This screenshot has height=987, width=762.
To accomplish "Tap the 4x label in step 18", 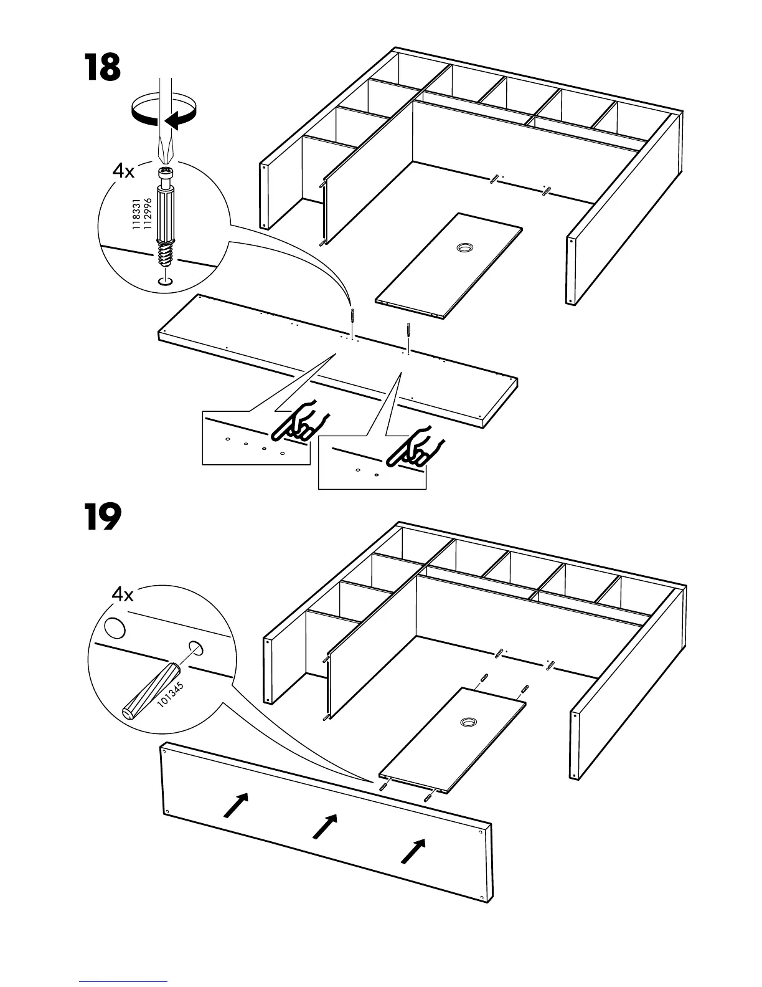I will coord(124,170).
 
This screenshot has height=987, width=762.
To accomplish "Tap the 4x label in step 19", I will coord(123,595).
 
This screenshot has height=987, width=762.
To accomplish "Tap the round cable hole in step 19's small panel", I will coord(468,722).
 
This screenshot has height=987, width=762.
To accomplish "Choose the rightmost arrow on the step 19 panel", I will coord(413,851).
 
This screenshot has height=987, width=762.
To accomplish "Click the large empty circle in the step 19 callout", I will coord(115,627).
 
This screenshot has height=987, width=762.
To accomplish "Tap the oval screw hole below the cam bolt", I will coord(164,282).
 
